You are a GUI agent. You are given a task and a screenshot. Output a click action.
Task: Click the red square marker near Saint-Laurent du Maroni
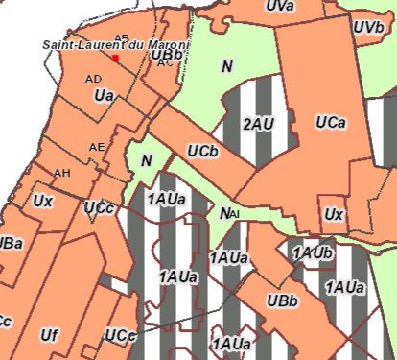116,58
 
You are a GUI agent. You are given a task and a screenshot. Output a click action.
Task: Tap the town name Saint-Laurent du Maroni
116,45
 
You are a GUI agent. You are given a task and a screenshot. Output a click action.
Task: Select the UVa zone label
279,7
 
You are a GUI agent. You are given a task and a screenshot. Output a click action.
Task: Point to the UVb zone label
368,28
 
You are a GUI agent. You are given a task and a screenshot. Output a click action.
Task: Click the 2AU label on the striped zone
258,124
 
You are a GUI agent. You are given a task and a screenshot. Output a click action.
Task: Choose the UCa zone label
330,123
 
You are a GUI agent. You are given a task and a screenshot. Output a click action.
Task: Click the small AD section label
93,79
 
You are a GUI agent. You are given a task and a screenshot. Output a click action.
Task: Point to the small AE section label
96,147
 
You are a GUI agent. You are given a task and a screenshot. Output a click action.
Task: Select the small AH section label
62,173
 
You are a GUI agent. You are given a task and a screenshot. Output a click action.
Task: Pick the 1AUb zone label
313,252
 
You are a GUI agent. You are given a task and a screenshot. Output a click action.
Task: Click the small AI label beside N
234,214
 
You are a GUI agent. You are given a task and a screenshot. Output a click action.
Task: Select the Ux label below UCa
333,214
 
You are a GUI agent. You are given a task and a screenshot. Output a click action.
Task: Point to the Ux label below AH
42,202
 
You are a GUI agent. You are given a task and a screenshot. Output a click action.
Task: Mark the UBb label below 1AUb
282,301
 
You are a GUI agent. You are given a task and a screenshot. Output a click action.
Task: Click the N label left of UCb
146,160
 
